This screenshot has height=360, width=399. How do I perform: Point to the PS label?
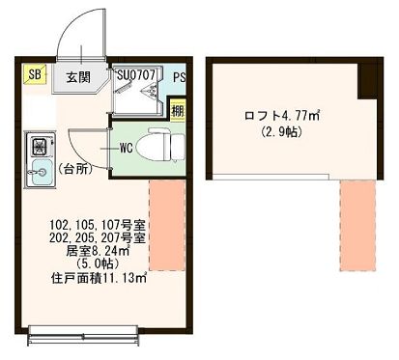tap(179, 76)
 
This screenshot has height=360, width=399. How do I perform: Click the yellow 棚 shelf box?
tap(177, 110)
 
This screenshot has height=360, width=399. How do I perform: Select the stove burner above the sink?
tap(40, 148)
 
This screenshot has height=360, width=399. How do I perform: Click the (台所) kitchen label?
tap(78, 169)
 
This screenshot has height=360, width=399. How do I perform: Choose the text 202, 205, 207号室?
tap(98, 237)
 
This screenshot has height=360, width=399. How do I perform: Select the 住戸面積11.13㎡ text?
tap(98, 279)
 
